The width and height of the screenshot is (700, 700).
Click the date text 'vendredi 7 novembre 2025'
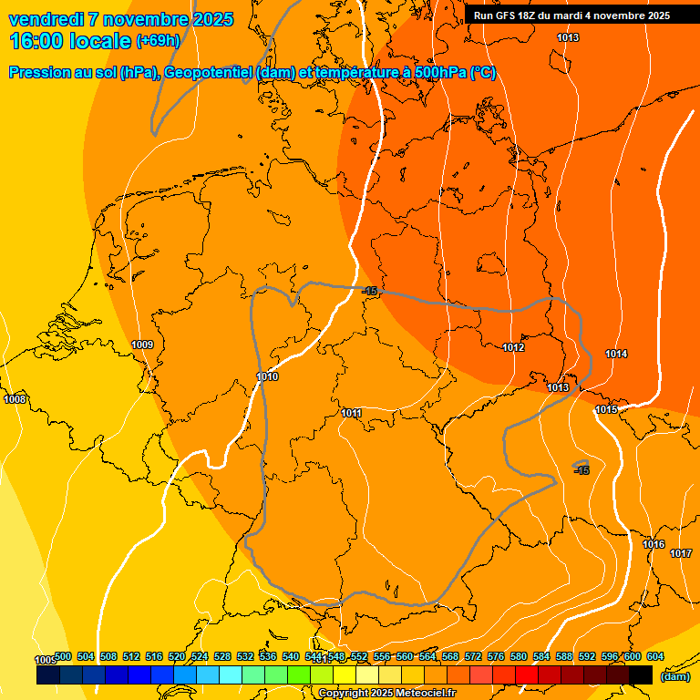click(x=120, y=19)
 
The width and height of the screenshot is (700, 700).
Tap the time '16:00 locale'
click(x=71, y=41)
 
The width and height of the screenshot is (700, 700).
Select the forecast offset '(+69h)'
click(x=158, y=41)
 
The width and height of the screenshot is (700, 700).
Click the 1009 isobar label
click(x=142, y=345)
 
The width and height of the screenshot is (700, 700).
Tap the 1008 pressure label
click(x=15, y=399)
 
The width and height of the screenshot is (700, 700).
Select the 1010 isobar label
click(x=267, y=376)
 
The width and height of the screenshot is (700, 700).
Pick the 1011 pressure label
click(x=352, y=413)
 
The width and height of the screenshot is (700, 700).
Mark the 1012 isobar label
click(x=513, y=347)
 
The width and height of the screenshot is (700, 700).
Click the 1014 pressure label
click(x=616, y=354)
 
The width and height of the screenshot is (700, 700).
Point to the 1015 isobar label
click(x=606, y=409)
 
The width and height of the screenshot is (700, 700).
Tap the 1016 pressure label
click(x=654, y=544)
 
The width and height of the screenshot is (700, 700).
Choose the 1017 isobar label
click(x=681, y=553)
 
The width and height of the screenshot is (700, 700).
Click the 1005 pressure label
click(x=45, y=660)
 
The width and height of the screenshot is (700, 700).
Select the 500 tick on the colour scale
click(x=63, y=656)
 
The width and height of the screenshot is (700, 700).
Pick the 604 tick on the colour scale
click(x=655, y=656)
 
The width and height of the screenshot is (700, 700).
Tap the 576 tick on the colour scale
click(x=496, y=656)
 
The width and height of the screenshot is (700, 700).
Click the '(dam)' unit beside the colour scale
click(x=674, y=676)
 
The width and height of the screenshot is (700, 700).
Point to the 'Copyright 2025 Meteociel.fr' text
click(x=386, y=694)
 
